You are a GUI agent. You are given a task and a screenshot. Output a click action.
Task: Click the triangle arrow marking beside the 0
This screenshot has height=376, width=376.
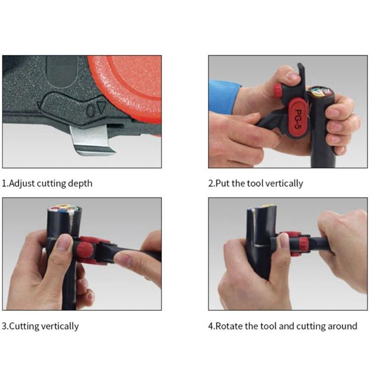tap(102, 109)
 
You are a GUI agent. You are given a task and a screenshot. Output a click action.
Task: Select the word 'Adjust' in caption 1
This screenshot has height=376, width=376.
tap(21, 183)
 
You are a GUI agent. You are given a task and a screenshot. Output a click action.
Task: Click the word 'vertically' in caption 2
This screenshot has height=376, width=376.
tap(284, 183)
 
